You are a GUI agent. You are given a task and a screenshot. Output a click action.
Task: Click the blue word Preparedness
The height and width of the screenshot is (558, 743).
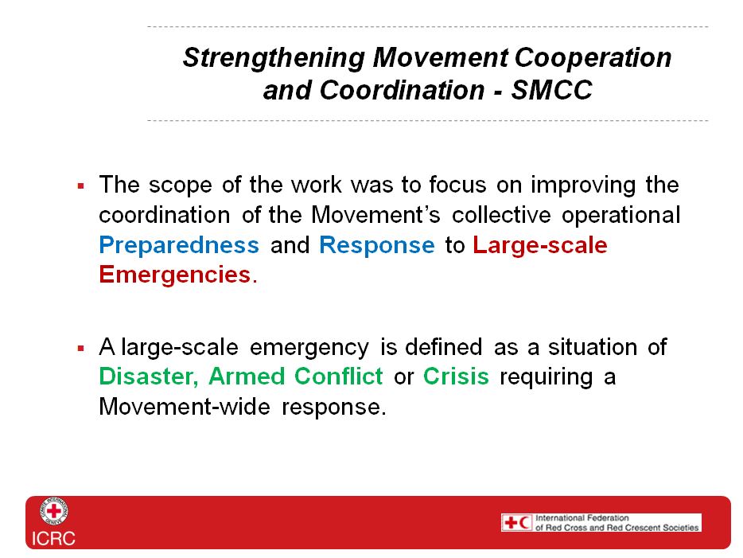pyautogui.click(x=179, y=245)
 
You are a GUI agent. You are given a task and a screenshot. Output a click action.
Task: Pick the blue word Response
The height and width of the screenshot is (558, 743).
pyautogui.click(x=377, y=245)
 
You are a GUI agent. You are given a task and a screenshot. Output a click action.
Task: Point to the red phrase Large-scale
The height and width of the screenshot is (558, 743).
pyautogui.click(x=539, y=245)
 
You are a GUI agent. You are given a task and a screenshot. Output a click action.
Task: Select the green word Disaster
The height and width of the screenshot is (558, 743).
pyautogui.click(x=146, y=377)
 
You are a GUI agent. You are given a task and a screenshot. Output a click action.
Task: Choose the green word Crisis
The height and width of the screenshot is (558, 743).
pyautogui.click(x=456, y=377)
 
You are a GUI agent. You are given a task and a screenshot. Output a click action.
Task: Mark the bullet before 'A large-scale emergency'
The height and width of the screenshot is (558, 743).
pyautogui.click(x=80, y=349)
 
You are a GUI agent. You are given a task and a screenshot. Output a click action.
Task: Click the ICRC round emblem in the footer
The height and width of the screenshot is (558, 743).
pyautogui.click(x=53, y=512)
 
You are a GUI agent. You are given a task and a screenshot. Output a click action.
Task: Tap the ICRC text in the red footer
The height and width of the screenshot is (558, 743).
pyautogui.click(x=53, y=539)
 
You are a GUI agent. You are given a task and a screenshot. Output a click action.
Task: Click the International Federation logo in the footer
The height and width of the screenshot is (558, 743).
pyautogui.click(x=601, y=522)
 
